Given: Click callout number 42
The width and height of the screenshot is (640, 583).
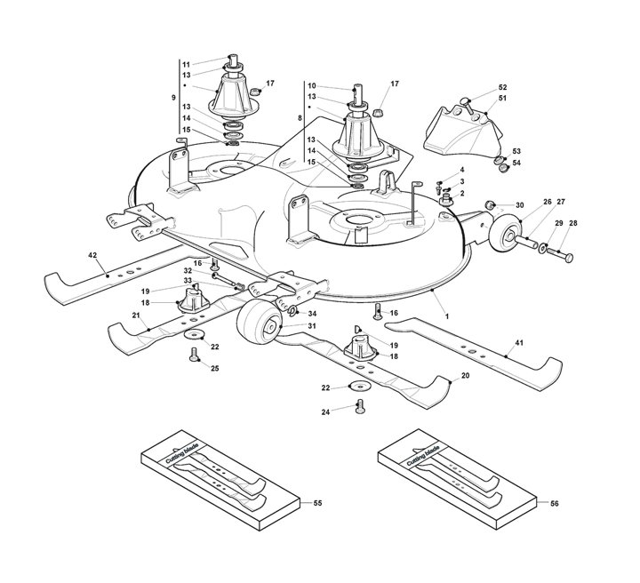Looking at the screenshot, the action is tap(92, 255).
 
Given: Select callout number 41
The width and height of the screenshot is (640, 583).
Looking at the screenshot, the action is tap(519, 343).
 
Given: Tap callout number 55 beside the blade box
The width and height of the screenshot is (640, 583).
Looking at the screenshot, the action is tap(317, 503).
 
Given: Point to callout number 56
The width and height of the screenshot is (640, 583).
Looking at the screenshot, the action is tap(554, 503).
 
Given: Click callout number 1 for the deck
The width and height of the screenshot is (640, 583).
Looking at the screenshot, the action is tap(447, 316).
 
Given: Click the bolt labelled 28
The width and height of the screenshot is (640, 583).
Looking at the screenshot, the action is tap(560, 254).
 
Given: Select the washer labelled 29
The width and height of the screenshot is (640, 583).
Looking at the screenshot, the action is tap(543, 247).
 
